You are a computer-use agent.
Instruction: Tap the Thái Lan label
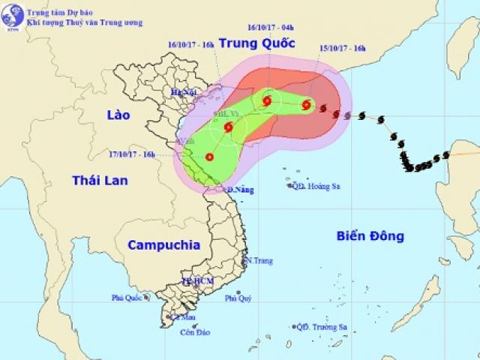point(100,180)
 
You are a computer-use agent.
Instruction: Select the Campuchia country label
point(164,244)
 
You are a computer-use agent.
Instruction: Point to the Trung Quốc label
point(255,42)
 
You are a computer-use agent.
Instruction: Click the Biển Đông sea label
point(370,236)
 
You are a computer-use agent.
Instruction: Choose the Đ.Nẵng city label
point(240,190)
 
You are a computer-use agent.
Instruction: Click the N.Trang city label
point(259,261)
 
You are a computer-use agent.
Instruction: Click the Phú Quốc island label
point(127,298)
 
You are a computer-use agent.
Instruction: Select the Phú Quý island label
point(238,299)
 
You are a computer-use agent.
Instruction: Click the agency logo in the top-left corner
point(12,13)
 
